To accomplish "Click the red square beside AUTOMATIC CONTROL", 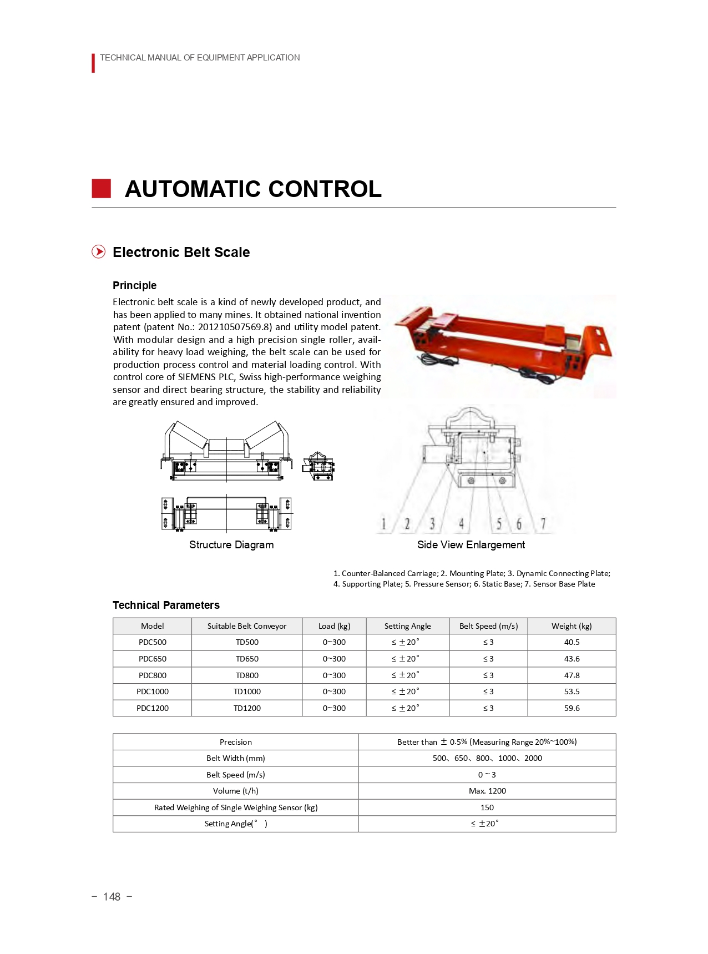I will point(101,189).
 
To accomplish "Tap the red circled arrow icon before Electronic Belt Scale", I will point(98,252).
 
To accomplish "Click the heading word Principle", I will point(134,285).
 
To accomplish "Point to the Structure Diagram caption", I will point(231,544).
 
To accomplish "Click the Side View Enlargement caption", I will point(471,544).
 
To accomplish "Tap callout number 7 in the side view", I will point(543,524).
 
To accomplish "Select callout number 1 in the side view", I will point(383,524).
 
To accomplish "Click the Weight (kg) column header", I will point(572,626).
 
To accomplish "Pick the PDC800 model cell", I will point(153,675).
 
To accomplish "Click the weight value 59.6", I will point(572,708).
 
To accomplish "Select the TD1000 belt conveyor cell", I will point(247,691).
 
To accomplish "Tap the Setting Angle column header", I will point(407,626).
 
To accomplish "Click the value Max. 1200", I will point(487,791).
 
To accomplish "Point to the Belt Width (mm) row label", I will point(235,758).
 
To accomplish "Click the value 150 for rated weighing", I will point(487,807).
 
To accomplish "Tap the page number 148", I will point(112,897).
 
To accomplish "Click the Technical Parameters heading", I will point(166,605).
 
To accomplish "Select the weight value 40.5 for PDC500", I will point(572,642).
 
